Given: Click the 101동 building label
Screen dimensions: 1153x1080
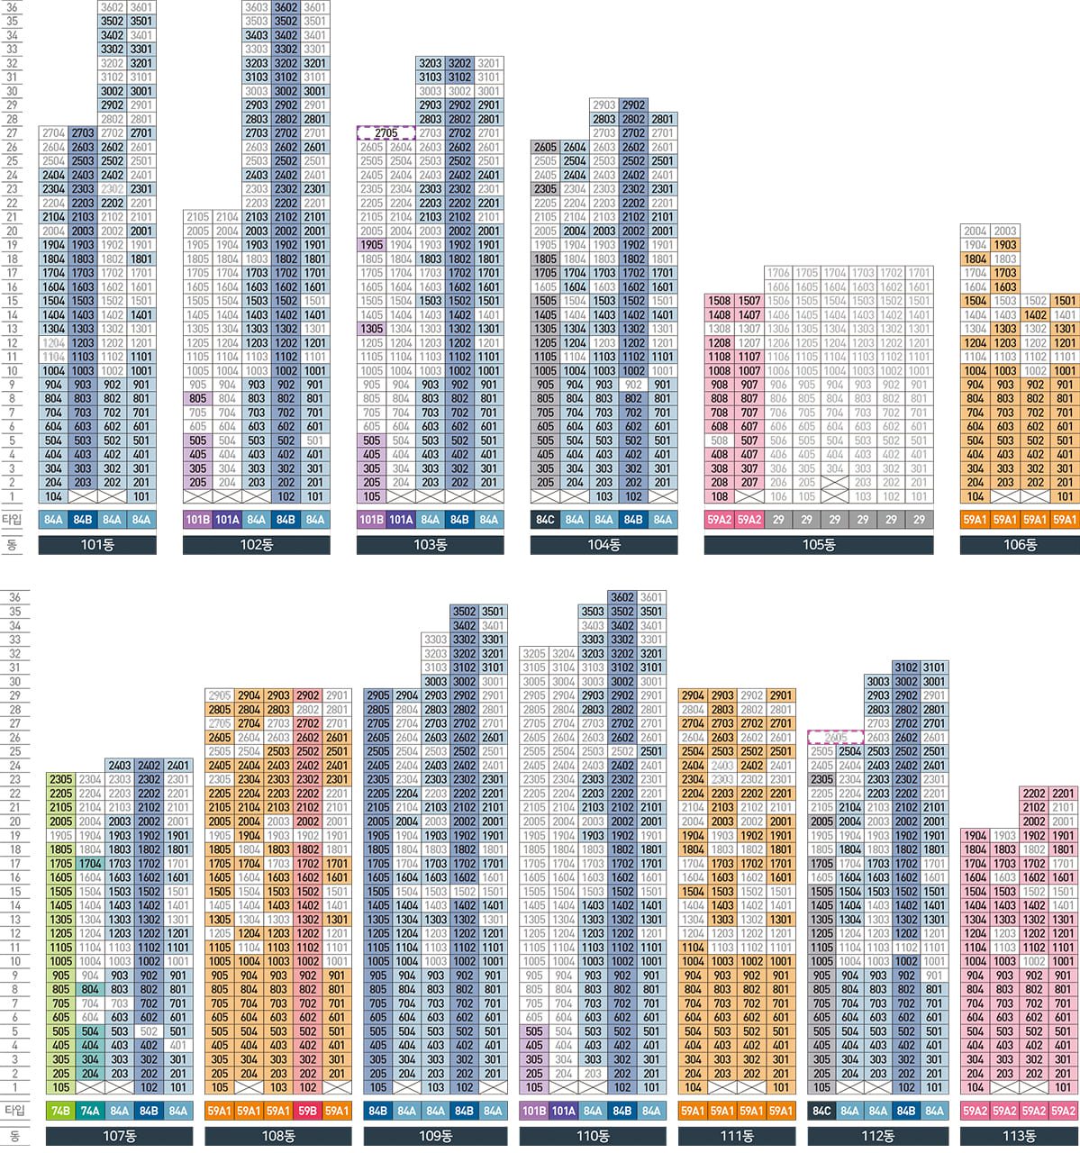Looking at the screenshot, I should pyautogui.click(x=97, y=545).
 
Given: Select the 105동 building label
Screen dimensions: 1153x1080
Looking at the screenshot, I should pyautogui.click(x=818, y=545).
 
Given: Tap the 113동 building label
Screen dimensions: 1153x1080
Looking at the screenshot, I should pyautogui.click(x=1019, y=1136).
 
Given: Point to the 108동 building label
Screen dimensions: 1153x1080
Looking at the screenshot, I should pyautogui.click(x=277, y=1136).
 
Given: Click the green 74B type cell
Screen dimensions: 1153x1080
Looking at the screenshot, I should pyautogui.click(x=60, y=1111).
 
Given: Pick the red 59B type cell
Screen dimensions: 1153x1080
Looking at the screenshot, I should pyautogui.click(x=308, y=1111).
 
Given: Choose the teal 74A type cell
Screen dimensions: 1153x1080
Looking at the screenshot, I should pyautogui.click(x=90, y=1111).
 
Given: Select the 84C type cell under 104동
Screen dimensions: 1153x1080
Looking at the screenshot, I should pyautogui.click(x=545, y=520).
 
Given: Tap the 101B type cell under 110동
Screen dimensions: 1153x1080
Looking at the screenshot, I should pyautogui.click(x=534, y=1111).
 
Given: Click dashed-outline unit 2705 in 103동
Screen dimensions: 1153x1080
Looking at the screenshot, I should pyautogui.click(x=386, y=133).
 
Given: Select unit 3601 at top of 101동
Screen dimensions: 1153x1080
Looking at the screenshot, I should pyautogui.click(x=141, y=7).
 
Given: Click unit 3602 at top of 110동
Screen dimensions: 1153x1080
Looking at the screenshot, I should pyautogui.click(x=622, y=597).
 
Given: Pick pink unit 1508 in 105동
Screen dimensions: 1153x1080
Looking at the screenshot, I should pyautogui.click(x=719, y=301).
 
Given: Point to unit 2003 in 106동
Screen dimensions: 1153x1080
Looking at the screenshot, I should pyautogui.click(x=1005, y=232).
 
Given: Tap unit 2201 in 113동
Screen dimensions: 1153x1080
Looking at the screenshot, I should pyautogui.click(x=1064, y=794).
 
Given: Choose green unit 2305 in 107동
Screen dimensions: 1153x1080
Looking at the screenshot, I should pyautogui.click(x=60, y=779).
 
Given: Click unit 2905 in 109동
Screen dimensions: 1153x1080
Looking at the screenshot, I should pyautogui.click(x=378, y=695).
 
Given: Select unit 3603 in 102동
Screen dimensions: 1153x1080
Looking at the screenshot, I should pyautogui.click(x=257, y=7).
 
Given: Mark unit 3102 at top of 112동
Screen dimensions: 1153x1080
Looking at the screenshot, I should pyautogui.click(x=906, y=667).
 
